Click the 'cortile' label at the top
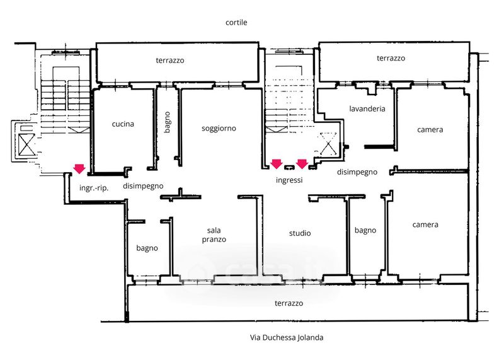[x=236, y=22]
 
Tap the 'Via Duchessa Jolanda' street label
[x=287, y=337]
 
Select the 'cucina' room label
[x=123, y=124]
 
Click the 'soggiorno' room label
[x=219, y=129]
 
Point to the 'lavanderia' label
[x=367, y=108]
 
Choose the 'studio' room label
[x=300, y=233]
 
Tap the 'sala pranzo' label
[x=214, y=235]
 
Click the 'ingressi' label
[x=289, y=180]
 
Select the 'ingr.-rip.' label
[x=94, y=188]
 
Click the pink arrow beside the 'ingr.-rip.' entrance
[x=79, y=168]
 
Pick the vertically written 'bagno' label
[x=167, y=122]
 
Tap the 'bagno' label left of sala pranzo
[x=147, y=248]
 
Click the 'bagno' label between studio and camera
[x=365, y=230]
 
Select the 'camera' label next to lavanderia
[x=430, y=130]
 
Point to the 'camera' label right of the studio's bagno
[x=425, y=224]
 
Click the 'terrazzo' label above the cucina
[x=170, y=60]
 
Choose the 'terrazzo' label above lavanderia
[x=391, y=58]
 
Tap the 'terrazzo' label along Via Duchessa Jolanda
[x=289, y=303]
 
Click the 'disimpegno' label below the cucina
[x=143, y=186]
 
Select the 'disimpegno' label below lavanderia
[x=357, y=172]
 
